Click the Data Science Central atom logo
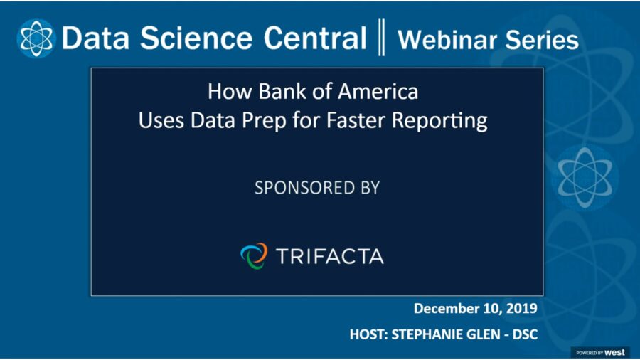click(x=36, y=38)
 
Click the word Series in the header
click(x=543, y=39)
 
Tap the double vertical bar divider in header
click(x=381, y=38)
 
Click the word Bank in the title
click(x=272, y=92)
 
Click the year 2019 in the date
click(x=519, y=309)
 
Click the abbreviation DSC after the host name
click(x=523, y=332)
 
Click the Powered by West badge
click(x=600, y=352)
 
